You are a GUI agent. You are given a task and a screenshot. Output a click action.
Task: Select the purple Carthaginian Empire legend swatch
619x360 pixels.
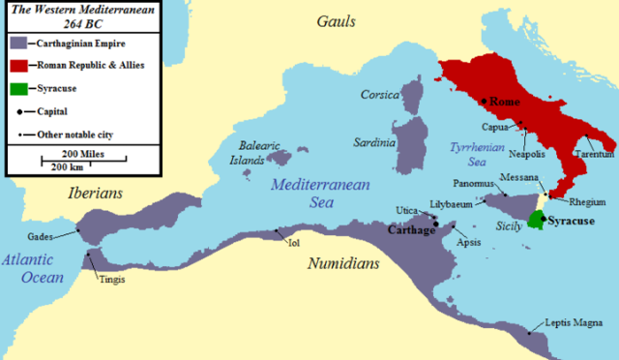[x=20, y=44]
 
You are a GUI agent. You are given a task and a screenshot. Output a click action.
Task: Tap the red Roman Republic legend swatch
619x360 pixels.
[x=20, y=66]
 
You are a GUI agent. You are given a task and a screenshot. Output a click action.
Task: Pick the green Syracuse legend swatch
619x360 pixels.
[x=20, y=88]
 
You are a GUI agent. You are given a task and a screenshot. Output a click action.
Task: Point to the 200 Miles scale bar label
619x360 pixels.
[x=84, y=154]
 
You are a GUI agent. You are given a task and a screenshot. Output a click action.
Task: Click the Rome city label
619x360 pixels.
[x=505, y=101]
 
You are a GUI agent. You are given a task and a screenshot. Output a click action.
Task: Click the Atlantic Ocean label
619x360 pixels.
[x=31, y=267]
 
